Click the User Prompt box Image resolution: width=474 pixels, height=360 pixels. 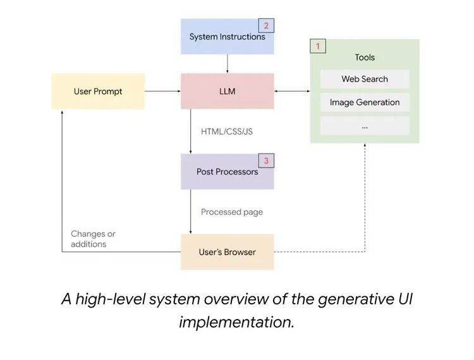[98, 92]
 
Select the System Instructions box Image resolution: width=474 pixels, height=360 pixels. [228, 37]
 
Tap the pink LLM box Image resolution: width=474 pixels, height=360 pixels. [228, 92]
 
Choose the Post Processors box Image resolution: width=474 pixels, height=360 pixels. [228, 172]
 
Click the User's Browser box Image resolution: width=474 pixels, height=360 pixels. [228, 252]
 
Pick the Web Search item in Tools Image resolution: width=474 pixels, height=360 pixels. [365, 79]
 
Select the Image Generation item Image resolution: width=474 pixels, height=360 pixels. [365, 102]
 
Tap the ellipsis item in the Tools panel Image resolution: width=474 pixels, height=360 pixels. [365, 126]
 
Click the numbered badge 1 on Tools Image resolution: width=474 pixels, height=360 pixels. [318, 46]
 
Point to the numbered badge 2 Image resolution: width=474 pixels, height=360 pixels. [266, 26]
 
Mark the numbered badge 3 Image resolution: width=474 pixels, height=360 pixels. [266, 161]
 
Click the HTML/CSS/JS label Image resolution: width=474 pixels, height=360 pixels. [227, 131]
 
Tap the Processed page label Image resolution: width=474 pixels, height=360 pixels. [231, 212]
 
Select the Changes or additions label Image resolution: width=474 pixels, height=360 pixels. [93, 239]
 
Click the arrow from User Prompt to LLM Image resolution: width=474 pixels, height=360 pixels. [163, 92]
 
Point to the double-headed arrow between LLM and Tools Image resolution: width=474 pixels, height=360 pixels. [292, 92]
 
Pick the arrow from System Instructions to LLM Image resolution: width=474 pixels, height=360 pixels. [228, 63]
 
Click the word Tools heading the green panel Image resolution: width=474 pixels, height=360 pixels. [365, 57]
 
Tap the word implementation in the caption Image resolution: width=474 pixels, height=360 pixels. [236, 321]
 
